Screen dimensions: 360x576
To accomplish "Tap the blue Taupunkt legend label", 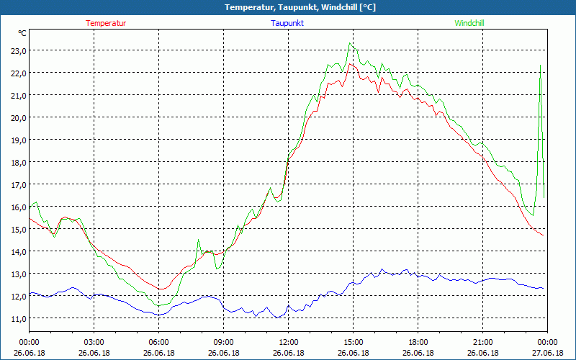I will [x=287, y=23].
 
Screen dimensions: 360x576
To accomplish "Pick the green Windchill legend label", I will [x=469, y=23].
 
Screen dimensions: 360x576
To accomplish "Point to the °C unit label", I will [x=22, y=33].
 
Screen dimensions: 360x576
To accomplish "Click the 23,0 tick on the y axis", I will [x=17, y=50].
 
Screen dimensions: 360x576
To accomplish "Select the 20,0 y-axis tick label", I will [x=17, y=117].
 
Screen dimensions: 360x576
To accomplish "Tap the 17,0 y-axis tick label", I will [x=17, y=184].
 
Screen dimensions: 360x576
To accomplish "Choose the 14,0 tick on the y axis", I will [x=17, y=251].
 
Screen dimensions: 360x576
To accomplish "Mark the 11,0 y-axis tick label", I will [x=17, y=318].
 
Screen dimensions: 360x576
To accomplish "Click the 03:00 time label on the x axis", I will [x=94, y=342].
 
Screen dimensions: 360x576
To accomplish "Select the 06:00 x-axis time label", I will [x=159, y=342].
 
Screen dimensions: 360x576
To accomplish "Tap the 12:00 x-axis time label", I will [x=289, y=342].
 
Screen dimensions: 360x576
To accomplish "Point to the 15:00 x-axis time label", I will [x=354, y=342].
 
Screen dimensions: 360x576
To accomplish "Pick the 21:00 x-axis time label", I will [x=483, y=342].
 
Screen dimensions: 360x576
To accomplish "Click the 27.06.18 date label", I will [x=548, y=353].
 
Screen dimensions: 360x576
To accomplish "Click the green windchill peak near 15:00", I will [x=351, y=43].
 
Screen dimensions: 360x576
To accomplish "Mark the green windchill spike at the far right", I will [x=540, y=66].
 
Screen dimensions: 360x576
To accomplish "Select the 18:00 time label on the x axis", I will [x=418, y=342].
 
